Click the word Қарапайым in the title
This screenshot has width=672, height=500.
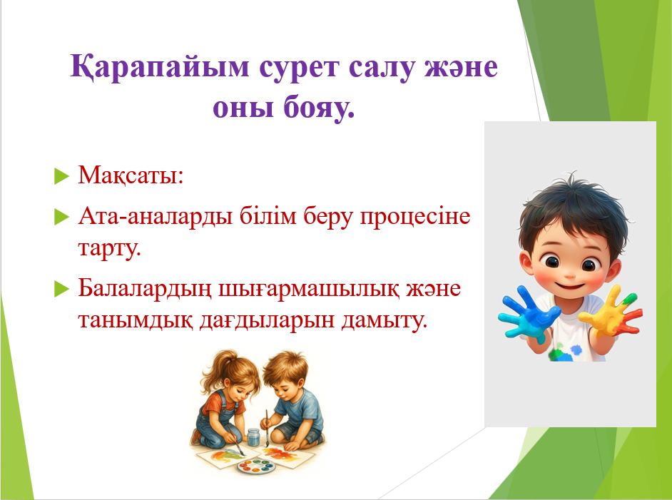click(159, 67)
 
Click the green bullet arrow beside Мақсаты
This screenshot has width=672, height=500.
click(62, 176)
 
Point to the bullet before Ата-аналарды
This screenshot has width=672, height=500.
click(62, 217)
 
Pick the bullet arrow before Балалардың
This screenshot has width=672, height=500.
click(62, 289)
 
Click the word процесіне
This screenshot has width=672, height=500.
click(415, 216)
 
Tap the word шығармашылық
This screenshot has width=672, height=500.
click(308, 289)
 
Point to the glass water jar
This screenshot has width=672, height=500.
click(254, 437)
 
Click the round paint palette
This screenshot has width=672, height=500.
click(257, 466)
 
